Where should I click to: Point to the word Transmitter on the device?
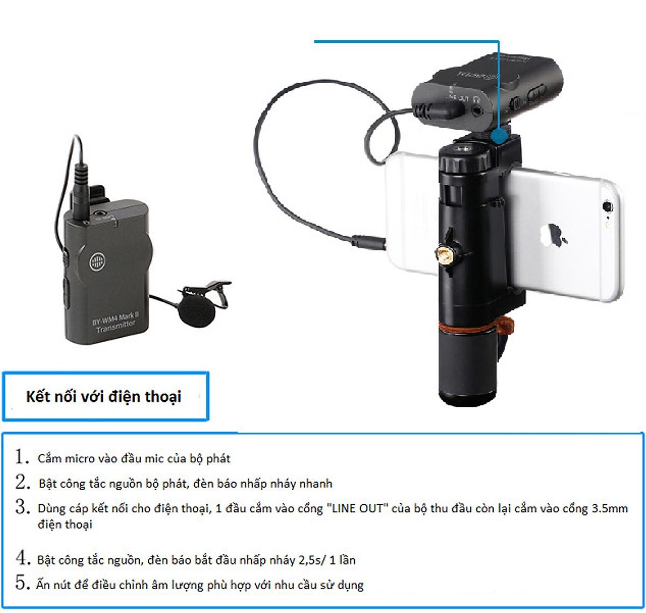coord(116,325)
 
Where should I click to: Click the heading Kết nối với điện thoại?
coord(103,397)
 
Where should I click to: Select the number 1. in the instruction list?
coord(22,457)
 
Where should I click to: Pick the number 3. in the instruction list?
coord(22,507)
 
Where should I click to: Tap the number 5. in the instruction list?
coord(22,583)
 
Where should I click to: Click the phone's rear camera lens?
coord(608,206)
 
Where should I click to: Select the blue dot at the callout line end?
coord(500,133)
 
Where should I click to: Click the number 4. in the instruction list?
coord(22,558)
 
